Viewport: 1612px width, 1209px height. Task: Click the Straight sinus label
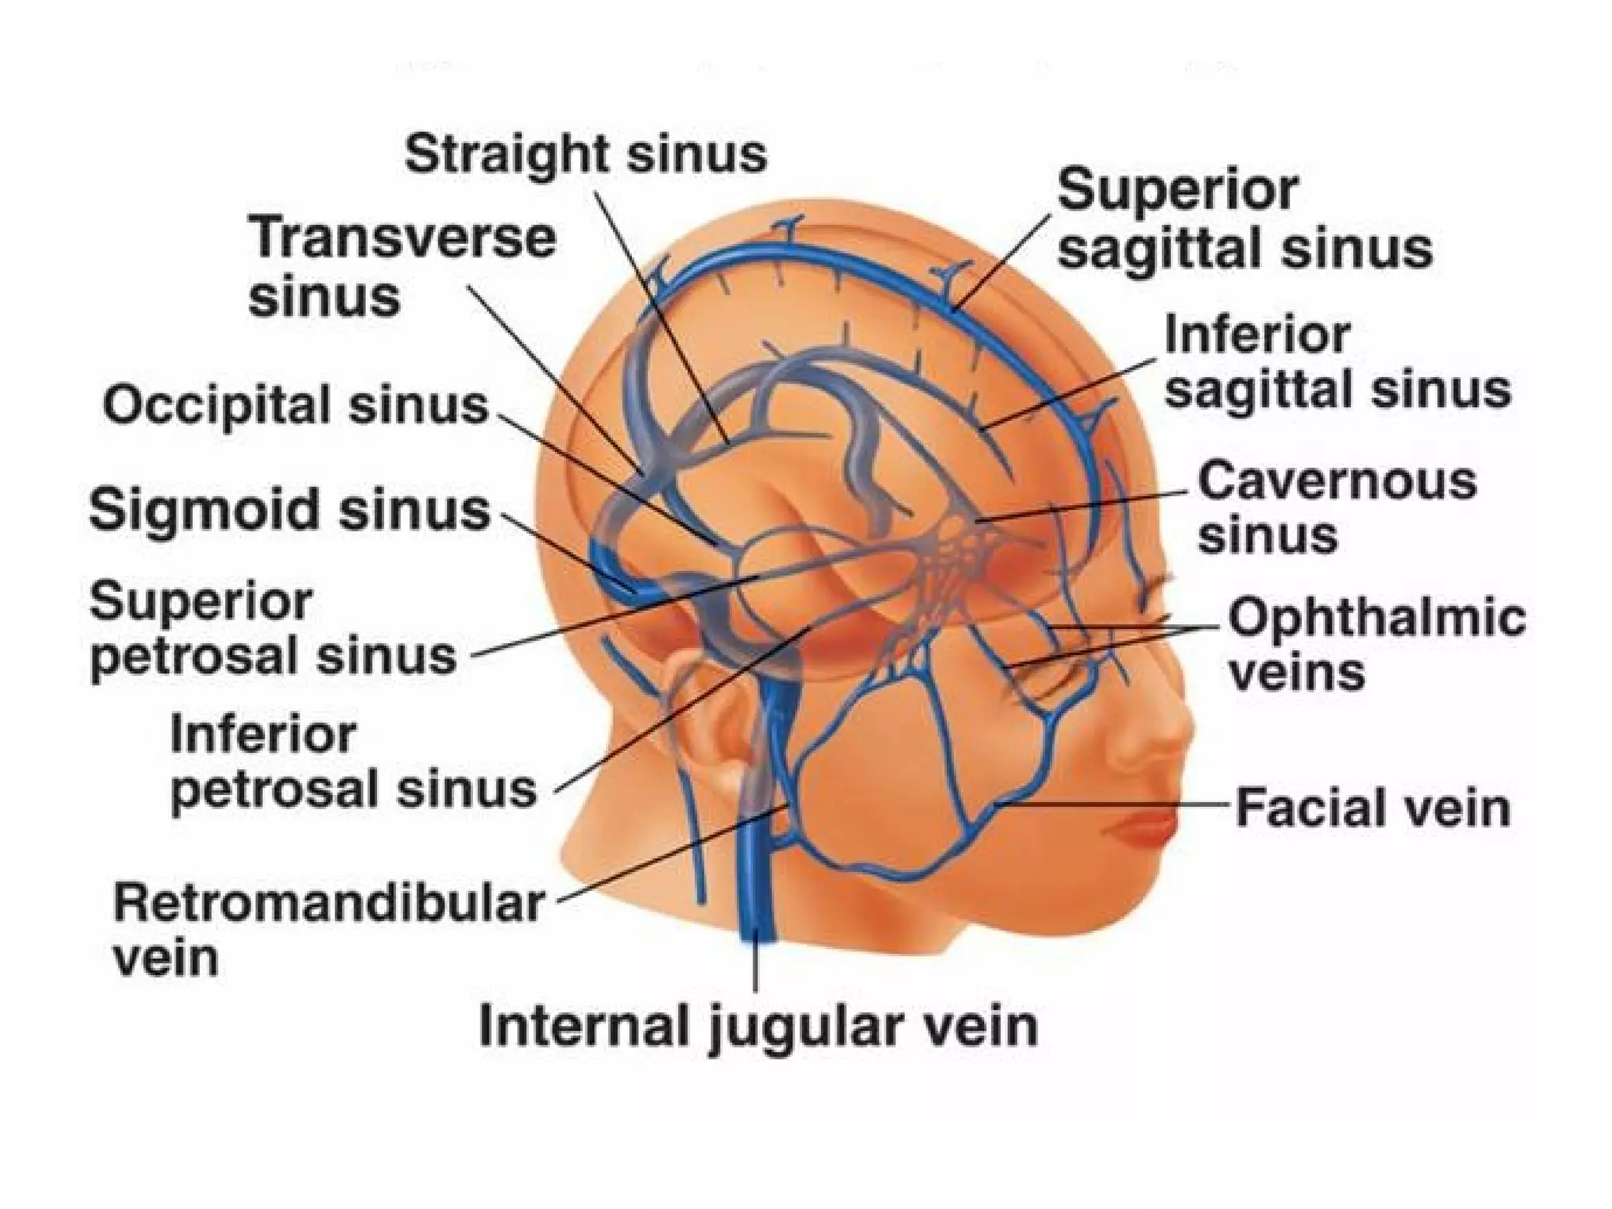tap(586, 154)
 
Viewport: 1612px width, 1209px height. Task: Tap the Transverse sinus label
tap(401, 268)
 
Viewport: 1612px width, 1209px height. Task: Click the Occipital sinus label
tap(296, 406)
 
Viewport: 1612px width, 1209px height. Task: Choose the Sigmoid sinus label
tap(290, 509)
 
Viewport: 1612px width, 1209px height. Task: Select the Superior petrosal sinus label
tap(272, 630)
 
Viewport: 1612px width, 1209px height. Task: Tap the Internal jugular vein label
tap(758, 1026)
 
